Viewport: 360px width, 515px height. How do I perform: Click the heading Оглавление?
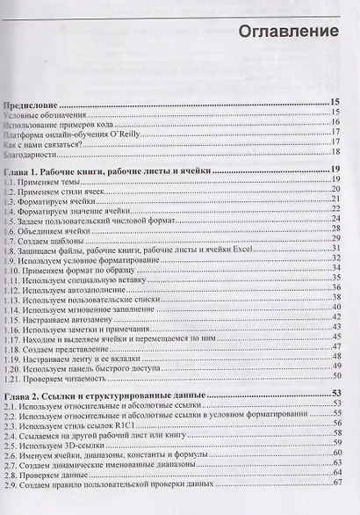point(289,32)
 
